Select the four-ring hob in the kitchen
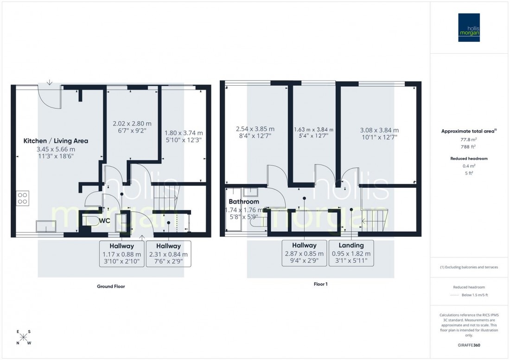pos(22,198)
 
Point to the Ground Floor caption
pos(111,286)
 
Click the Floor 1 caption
pos(320,284)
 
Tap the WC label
pos(104,221)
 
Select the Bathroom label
pos(243,202)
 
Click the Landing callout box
pos(351,253)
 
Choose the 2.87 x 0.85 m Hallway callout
pos(304,253)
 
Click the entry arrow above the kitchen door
pos(50,83)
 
